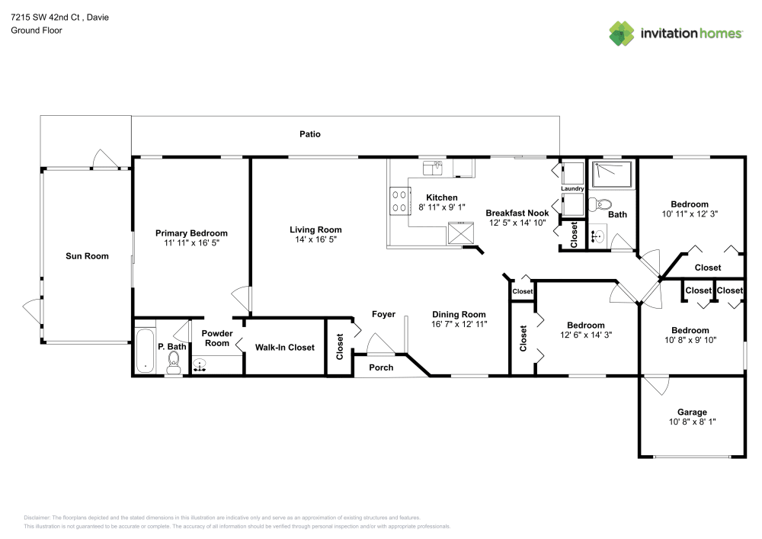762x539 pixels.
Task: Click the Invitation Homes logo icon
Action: tap(621, 33)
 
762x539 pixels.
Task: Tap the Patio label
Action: tap(309, 134)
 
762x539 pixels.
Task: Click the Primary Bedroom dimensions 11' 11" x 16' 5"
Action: tap(191, 242)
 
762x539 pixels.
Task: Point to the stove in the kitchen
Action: tap(398, 201)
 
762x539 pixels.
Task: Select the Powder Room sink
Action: tap(200, 364)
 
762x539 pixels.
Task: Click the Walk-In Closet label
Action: tap(284, 348)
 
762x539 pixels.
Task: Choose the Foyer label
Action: tap(383, 314)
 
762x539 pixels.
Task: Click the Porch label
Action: tap(381, 367)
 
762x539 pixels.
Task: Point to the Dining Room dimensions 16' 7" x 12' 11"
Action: tap(459, 324)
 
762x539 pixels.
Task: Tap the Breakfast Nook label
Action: tap(517, 213)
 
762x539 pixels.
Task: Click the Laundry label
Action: tap(571, 188)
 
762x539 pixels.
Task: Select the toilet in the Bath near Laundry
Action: tap(603, 204)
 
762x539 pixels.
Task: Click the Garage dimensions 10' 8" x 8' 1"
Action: tap(692, 422)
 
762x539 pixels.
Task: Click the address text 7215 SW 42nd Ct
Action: tap(48, 17)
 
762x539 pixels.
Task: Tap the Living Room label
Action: tap(315, 229)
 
